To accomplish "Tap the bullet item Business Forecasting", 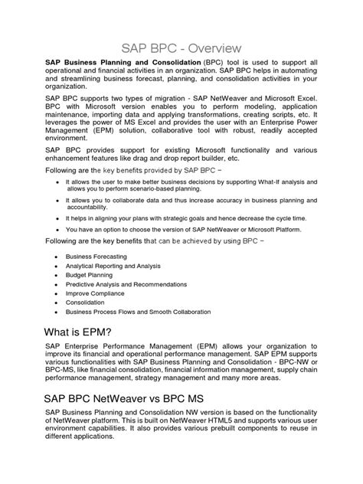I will [96, 256].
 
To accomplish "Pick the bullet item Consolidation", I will [87, 302].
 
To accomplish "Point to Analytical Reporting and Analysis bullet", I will [113, 265].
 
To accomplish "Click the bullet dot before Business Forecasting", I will [57, 256].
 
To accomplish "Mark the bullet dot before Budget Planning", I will [57, 274].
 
